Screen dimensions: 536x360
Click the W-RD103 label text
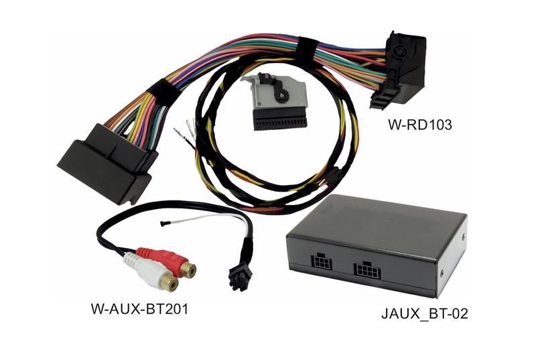point(420,125)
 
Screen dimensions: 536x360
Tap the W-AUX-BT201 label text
point(139,309)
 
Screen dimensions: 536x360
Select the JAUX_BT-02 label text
point(424,314)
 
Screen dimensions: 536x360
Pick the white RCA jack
point(150,274)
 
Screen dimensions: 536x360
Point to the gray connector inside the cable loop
point(273,103)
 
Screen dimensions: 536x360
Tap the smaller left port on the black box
point(321,261)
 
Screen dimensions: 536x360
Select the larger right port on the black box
point(367,271)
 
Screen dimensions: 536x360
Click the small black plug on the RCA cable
point(241,278)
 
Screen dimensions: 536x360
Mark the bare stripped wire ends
point(186,132)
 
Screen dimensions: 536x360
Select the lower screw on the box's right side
point(442,273)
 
